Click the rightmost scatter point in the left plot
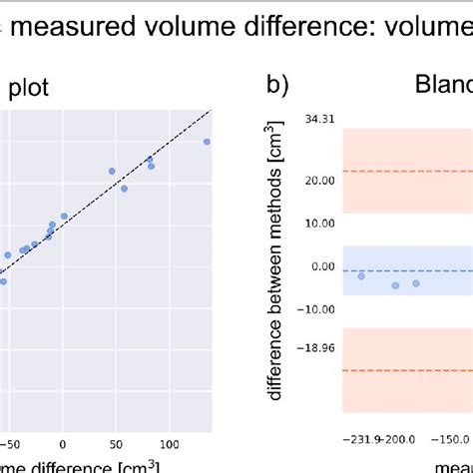pyautogui.click(x=207, y=142)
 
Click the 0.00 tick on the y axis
pyautogui.click(x=320, y=266)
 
